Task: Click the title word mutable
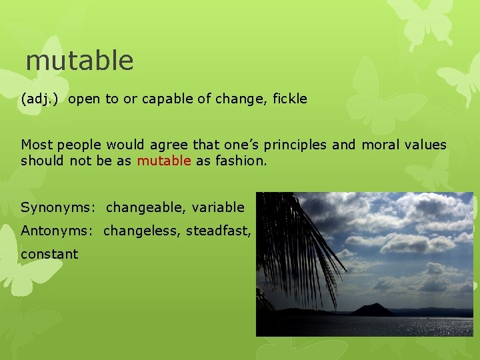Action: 79,61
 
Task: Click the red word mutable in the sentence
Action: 164,161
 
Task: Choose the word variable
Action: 218,208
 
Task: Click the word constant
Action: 49,254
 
